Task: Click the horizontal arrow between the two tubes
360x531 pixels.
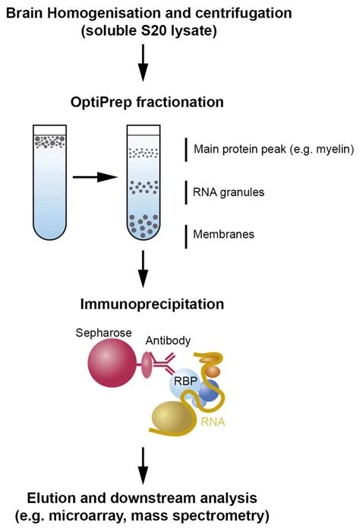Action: click(96, 178)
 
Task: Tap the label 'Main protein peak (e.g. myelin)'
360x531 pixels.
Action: click(273, 149)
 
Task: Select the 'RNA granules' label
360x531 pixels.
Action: click(229, 192)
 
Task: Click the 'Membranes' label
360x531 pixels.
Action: click(224, 235)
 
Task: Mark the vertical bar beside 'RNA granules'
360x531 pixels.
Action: click(187, 192)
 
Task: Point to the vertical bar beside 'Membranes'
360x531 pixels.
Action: click(187, 235)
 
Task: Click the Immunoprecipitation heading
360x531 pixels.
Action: click(152, 304)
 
